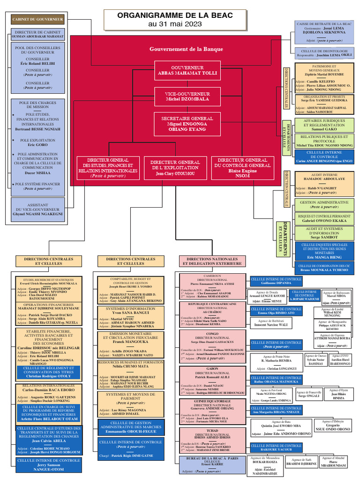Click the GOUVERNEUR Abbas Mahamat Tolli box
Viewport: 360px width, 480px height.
coord(180,70)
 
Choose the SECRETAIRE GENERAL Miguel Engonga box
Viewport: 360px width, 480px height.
coord(180,124)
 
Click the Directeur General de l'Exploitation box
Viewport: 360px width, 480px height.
coord(175,168)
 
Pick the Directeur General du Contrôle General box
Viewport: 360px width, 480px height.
coord(242,168)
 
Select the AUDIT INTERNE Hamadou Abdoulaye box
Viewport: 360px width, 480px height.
coord(324,184)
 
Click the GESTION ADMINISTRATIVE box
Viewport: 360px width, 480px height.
coord(324,204)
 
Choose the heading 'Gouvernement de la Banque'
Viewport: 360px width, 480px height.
coord(180,49)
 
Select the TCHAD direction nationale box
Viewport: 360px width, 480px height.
coord(212,440)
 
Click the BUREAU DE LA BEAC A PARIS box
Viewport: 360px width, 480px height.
coord(212,465)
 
